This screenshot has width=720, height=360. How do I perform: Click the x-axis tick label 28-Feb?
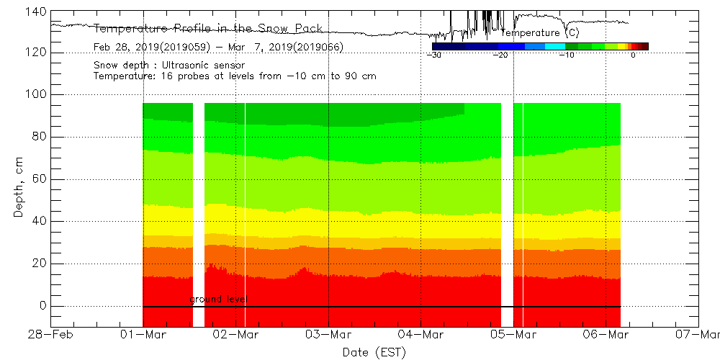pos(51,334)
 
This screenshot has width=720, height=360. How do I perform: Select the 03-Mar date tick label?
pos(329,334)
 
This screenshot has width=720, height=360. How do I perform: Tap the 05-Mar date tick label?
pos(514,334)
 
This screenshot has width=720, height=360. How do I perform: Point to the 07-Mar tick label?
pos(698,334)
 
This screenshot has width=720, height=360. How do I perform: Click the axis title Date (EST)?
pos(374,351)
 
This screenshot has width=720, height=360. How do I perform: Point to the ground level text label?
pos(219,299)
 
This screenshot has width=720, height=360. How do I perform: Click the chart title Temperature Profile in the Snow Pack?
pos(209,29)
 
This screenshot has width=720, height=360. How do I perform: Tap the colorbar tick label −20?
pos(500,55)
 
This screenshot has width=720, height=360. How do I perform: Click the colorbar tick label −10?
pos(567,55)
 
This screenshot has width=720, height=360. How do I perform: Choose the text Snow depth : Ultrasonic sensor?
pos(169,66)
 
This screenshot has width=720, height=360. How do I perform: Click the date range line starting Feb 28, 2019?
pos(218,48)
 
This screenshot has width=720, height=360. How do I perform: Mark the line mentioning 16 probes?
pos(235,76)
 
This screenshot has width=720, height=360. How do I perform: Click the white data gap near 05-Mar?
pos(508,209)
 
